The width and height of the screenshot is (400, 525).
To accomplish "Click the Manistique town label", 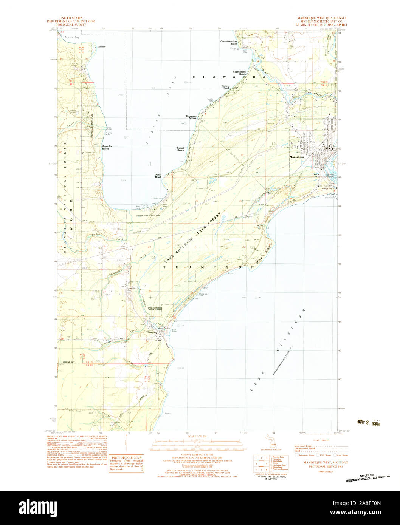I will click(297, 157).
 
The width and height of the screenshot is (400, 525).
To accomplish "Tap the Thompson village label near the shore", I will click(151, 332).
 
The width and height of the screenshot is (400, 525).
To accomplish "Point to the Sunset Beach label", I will click(181, 149).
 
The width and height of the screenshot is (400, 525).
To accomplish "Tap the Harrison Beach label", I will click(226, 86).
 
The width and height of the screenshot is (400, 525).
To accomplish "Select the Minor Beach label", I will click(159, 176).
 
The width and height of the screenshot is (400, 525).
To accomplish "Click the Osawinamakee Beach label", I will click(229, 43).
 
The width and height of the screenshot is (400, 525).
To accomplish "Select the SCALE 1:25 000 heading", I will click(200, 436).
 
